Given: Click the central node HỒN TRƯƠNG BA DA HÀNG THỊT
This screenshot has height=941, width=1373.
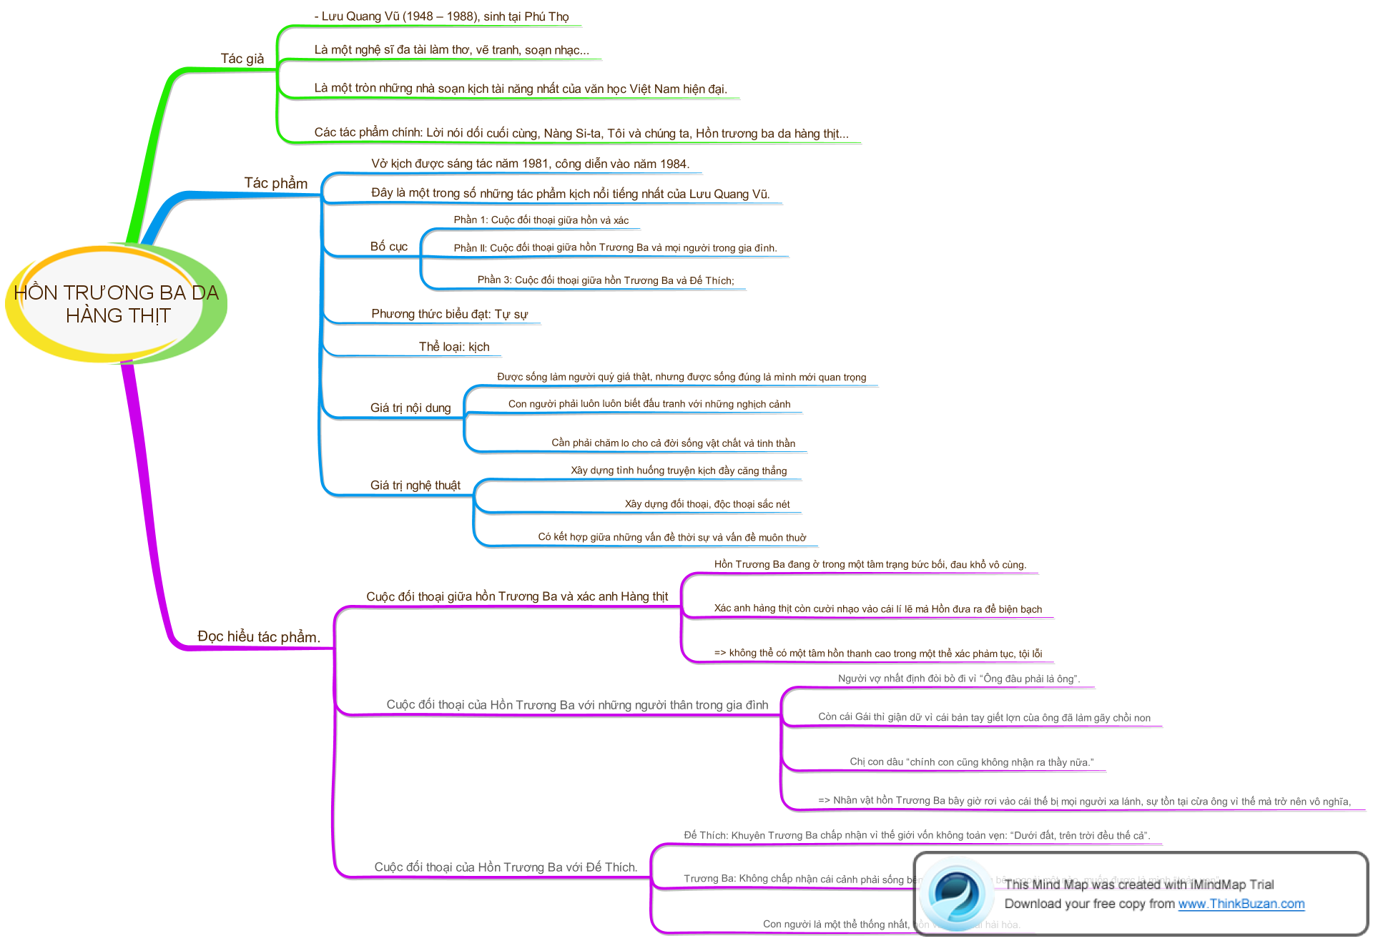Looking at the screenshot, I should [117, 304].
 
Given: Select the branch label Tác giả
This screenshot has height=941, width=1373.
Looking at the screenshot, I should [242, 59].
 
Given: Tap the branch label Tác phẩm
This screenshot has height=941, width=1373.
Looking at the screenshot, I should [275, 183].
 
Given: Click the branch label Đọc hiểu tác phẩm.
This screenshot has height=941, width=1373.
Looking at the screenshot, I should [258, 636].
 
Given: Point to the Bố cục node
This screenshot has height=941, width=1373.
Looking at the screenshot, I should [389, 247].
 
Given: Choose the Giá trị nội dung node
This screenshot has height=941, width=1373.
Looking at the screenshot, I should [410, 408].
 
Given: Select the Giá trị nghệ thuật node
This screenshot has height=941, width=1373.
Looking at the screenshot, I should [415, 486].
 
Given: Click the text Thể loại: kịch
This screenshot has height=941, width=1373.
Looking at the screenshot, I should [454, 347].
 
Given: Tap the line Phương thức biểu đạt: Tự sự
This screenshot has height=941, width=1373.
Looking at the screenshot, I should [449, 314].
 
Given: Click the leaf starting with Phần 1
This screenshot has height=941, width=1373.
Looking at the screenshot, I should [541, 220].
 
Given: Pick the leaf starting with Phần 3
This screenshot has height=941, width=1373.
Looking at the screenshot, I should [606, 280].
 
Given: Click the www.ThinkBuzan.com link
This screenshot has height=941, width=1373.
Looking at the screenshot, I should [1241, 904].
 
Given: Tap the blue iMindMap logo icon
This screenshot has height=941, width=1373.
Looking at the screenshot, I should [956, 894].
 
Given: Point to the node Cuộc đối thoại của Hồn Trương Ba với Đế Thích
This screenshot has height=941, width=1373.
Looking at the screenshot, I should [505, 867].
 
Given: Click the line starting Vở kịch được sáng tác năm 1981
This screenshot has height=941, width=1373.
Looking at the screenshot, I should [530, 164].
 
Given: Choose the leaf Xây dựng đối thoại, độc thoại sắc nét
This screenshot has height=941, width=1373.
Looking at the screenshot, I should [707, 504].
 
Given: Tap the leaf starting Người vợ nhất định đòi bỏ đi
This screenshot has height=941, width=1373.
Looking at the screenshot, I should [958, 679].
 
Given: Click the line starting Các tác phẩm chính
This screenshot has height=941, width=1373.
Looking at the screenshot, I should [581, 133].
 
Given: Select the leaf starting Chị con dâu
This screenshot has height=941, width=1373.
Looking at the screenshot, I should [971, 762].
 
